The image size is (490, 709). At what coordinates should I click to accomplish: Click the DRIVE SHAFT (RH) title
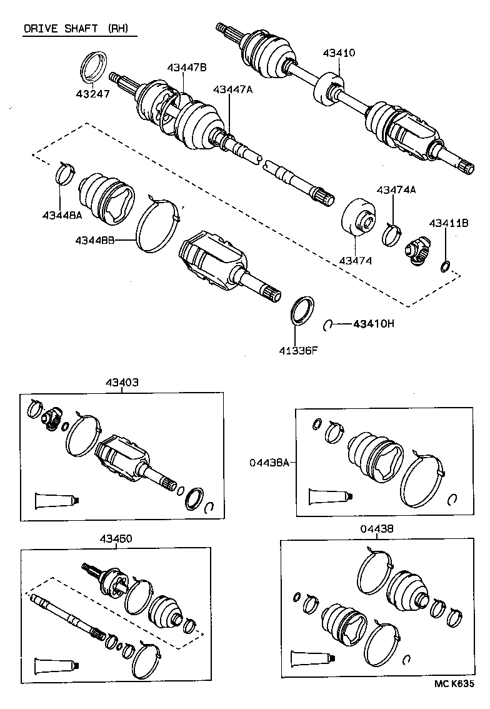click(x=79, y=29)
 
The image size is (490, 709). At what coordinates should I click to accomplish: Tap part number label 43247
click(x=92, y=94)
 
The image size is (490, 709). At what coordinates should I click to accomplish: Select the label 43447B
click(x=186, y=68)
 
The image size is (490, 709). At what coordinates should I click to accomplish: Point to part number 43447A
click(x=232, y=90)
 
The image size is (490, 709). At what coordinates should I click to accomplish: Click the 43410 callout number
click(x=339, y=53)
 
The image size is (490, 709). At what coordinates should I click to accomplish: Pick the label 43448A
click(x=62, y=215)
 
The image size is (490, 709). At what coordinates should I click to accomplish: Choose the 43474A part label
click(x=396, y=190)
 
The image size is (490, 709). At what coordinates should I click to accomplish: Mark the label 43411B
click(x=448, y=223)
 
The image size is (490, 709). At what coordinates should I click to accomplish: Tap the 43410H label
click(x=374, y=324)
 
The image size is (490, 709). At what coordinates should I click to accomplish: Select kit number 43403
click(x=122, y=383)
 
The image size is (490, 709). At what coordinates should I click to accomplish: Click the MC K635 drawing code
click(x=454, y=684)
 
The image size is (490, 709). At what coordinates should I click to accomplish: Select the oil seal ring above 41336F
click(x=303, y=311)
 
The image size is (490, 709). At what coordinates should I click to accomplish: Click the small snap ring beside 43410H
click(x=327, y=324)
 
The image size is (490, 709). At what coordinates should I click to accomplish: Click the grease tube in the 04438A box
click(x=328, y=496)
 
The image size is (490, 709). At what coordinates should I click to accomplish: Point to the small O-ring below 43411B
click(x=444, y=268)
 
